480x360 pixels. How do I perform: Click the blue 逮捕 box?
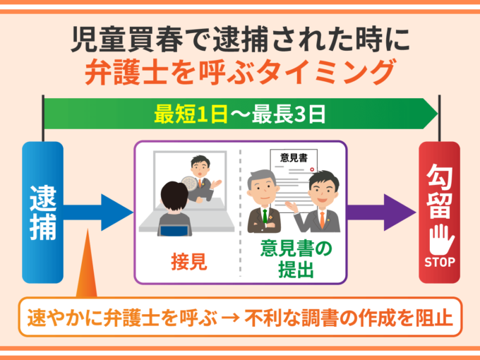coord(43,212)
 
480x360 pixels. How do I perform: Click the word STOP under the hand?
coord(439,262)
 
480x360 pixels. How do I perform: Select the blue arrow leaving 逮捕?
coord(99,210)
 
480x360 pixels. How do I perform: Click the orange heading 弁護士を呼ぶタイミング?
coord(239,72)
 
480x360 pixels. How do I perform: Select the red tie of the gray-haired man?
coord(265,215)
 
